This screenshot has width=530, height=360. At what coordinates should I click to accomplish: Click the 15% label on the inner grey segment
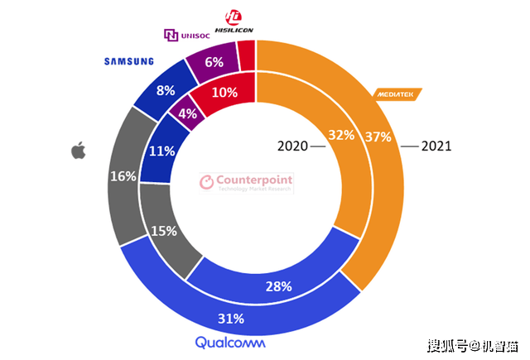164,232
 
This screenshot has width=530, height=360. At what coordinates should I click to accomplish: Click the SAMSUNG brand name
128,60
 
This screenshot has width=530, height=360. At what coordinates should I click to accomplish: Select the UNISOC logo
190,35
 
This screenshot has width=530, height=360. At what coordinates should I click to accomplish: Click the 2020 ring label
291,146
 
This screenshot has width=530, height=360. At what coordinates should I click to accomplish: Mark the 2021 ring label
436,146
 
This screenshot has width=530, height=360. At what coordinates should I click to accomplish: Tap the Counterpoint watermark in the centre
249,182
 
